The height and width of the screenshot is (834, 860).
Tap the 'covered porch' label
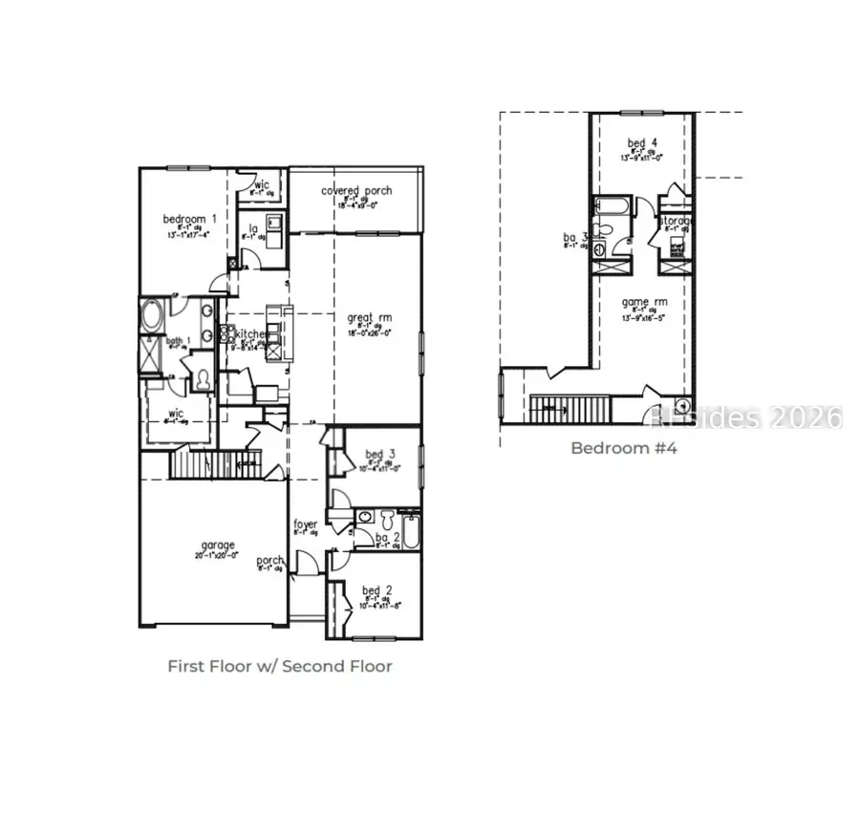355,191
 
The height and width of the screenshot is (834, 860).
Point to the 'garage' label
218,545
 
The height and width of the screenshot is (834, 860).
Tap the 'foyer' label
305,524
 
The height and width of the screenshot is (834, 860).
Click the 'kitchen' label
253,334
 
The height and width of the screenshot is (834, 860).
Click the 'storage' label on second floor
675,222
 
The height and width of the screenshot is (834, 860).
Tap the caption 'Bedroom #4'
623,447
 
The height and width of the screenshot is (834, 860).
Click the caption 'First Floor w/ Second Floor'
279,666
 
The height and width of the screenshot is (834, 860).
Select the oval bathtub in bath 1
151,316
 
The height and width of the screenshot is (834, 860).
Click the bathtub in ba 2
411,531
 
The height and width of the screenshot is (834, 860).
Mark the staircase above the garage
214,465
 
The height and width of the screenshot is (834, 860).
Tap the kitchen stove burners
228,334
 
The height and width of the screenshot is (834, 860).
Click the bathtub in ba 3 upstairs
610,205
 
